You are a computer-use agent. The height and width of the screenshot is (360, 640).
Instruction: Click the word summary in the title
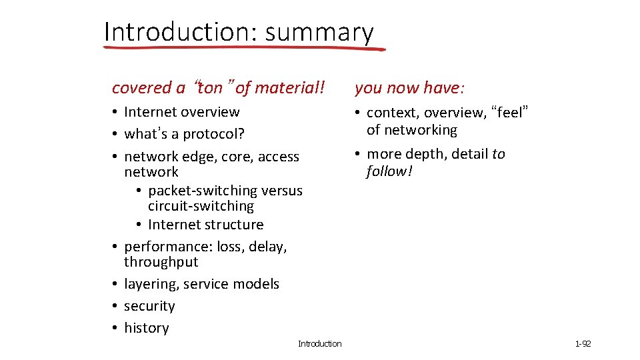click(319, 32)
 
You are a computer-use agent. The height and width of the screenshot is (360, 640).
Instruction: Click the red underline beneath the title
click(245, 48)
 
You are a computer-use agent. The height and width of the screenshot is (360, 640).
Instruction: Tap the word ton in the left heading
click(210, 88)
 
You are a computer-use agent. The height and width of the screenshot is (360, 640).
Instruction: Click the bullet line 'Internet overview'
click(181, 112)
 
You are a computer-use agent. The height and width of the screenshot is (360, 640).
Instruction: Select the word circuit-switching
click(201, 207)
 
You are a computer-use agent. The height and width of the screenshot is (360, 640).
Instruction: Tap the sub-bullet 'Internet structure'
click(205, 225)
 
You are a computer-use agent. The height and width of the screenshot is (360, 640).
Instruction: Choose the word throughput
click(161, 262)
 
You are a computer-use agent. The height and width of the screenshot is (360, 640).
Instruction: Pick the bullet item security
click(149, 306)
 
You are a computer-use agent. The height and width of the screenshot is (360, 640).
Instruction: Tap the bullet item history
click(146, 328)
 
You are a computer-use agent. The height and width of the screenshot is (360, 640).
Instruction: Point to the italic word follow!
click(389, 172)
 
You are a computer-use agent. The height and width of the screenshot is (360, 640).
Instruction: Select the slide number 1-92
click(583, 344)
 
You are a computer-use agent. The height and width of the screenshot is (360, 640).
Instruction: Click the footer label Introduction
click(319, 344)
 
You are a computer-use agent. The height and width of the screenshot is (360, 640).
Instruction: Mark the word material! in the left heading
click(289, 88)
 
